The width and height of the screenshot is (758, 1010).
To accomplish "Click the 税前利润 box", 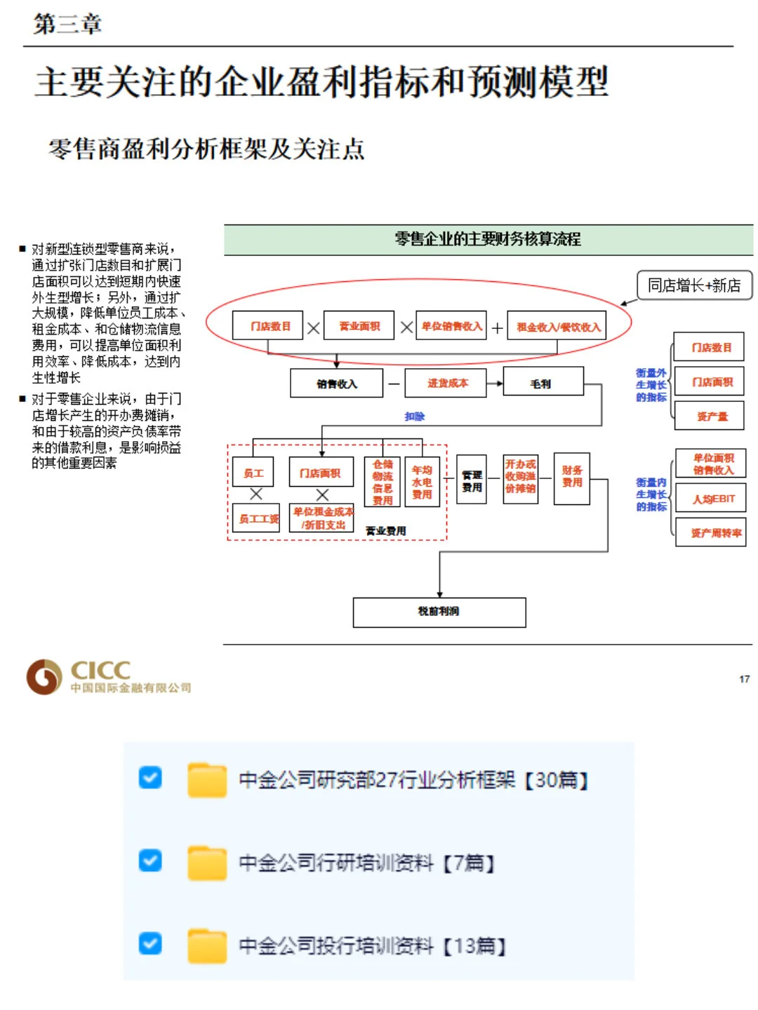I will pyautogui.click(x=439, y=612).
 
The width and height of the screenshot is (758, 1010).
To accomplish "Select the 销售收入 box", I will pyautogui.click(x=336, y=384).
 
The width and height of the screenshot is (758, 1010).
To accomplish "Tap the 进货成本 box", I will pyautogui.click(x=446, y=383).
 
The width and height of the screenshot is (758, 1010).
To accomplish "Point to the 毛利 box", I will pyautogui.click(x=542, y=384).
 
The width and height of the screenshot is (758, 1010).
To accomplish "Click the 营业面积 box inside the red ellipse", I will pyautogui.click(x=359, y=326).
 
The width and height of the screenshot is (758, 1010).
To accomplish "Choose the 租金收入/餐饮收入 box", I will pyautogui.click(x=557, y=327).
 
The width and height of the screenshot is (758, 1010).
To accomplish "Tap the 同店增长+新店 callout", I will pyautogui.click(x=693, y=285).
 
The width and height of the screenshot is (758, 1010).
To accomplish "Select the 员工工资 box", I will pyautogui.click(x=256, y=518).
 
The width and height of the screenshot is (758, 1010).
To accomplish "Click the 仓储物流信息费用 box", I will pyautogui.click(x=383, y=482).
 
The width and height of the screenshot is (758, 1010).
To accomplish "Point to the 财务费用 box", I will pyautogui.click(x=571, y=478).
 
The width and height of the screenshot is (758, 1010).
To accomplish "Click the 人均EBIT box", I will pyautogui.click(x=710, y=499).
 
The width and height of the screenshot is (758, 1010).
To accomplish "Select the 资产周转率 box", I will pyautogui.click(x=710, y=532).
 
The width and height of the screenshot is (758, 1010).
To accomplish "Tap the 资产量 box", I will pyautogui.click(x=709, y=416).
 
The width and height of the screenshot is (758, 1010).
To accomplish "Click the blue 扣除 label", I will pyautogui.click(x=414, y=417).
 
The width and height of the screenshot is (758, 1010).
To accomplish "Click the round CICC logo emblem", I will pyautogui.click(x=44, y=677).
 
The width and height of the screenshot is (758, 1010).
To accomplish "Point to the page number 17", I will pyautogui.click(x=744, y=679).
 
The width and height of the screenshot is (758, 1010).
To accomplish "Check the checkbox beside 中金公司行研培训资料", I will pyautogui.click(x=150, y=861).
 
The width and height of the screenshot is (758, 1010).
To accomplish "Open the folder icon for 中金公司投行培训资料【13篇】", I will pyautogui.click(x=207, y=945).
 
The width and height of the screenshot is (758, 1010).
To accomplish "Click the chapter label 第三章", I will pyautogui.click(x=67, y=24).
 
